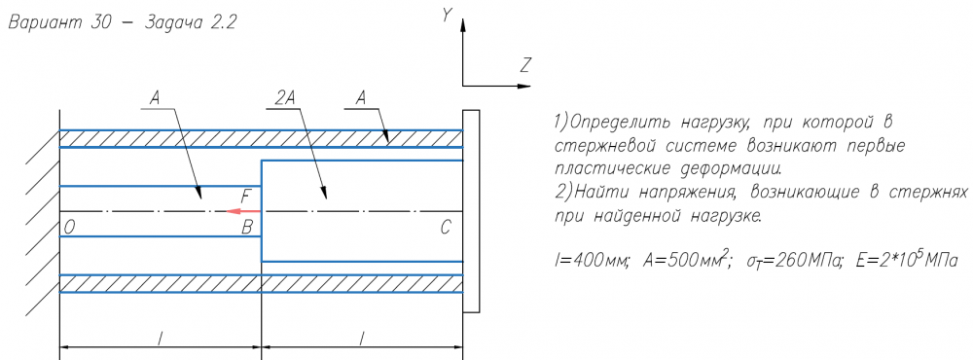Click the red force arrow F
point(242,212)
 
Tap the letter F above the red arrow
point(246,198)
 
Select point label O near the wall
point(69,228)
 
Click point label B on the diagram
point(247,228)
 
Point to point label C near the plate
point(445,228)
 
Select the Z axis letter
point(526,64)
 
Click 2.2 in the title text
point(221,23)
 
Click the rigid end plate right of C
point(471,211)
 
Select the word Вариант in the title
point(44,24)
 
